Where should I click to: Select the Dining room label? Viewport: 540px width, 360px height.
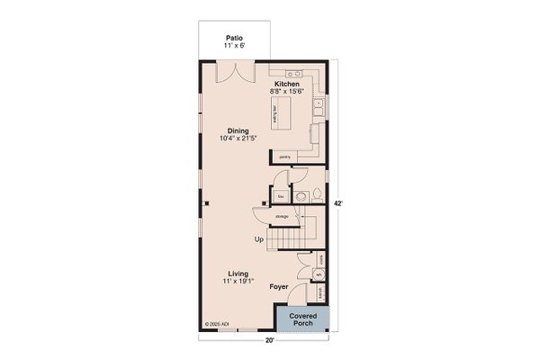pos(238,131)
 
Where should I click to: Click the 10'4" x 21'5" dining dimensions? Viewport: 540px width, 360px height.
pos(238,139)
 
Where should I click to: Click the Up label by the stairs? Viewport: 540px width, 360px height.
pos(259,239)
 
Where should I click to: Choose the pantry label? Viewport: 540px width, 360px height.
pos(283,157)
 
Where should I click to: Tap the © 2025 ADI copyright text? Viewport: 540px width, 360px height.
pos(218,322)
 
